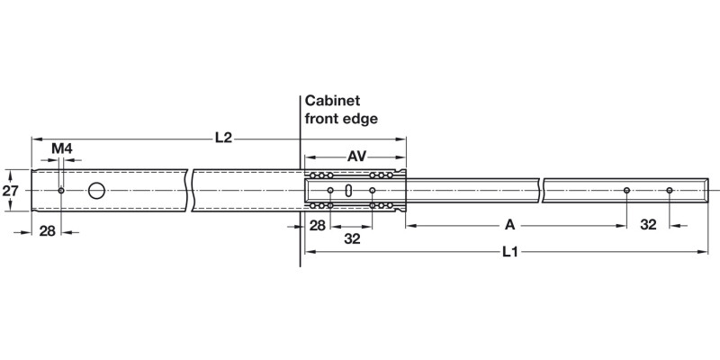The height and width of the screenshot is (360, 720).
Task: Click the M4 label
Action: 61,148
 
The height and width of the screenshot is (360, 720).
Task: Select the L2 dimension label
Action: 223,138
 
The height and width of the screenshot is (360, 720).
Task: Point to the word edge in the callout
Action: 361,118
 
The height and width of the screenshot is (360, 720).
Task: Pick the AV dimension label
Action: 357,157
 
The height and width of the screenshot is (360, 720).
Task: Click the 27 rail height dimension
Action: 10,191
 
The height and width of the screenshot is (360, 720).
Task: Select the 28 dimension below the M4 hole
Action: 47,230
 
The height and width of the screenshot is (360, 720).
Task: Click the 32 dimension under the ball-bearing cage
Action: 351,239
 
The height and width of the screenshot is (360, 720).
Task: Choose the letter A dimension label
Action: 508,224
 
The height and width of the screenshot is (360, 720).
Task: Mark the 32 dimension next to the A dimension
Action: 648,224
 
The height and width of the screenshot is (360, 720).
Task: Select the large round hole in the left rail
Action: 96,191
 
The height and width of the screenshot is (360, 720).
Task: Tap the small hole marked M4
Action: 60,191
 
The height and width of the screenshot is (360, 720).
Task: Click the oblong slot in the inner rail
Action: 348,191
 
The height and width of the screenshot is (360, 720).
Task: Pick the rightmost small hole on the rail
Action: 670,191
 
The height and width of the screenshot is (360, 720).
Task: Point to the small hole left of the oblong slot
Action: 331,191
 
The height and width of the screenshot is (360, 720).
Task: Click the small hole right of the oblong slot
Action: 372,191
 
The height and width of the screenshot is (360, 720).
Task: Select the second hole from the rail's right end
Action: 627,191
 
